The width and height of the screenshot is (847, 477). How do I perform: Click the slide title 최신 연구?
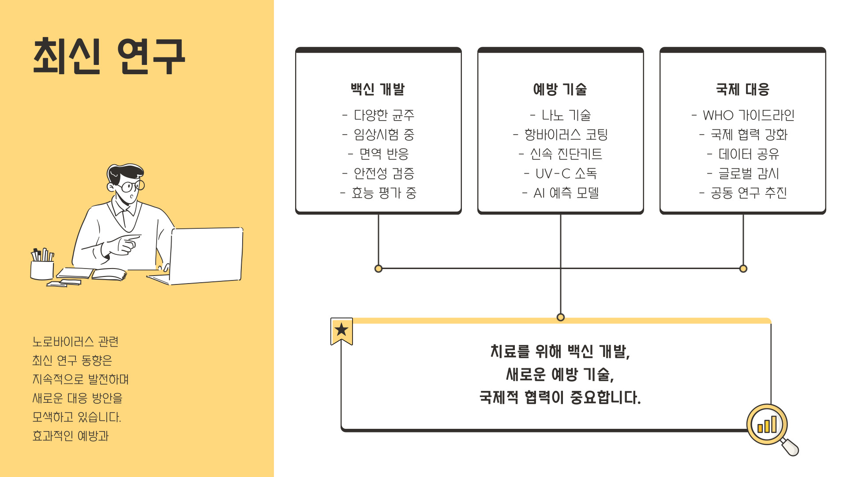click(109, 56)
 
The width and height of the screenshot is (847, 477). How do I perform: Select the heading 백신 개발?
click(378, 89)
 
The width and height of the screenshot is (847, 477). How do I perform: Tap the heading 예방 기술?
click(560, 89)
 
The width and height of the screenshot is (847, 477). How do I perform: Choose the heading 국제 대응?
click(742, 89)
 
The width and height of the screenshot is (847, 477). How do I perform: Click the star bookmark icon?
click(341, 330)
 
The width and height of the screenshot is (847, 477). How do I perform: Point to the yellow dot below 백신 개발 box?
click(378, 269)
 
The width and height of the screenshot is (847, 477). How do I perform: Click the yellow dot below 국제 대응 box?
click(743, 269)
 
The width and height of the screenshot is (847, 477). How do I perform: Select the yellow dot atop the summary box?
click(561, 317)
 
